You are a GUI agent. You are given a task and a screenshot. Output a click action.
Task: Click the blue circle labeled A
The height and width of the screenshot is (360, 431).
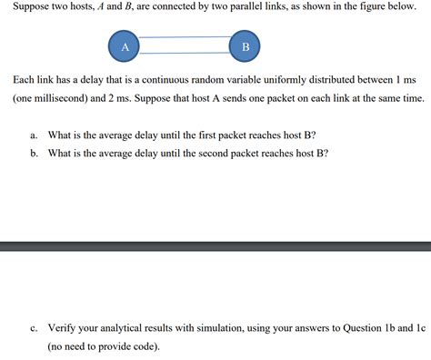tap(124, 46)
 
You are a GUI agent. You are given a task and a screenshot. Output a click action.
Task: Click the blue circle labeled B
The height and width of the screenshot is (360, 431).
tap(245, 46)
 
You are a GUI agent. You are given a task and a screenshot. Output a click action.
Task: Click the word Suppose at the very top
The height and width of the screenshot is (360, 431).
tap(31, 7)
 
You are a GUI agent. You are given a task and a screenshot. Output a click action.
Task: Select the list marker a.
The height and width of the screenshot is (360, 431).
tap(33, 135)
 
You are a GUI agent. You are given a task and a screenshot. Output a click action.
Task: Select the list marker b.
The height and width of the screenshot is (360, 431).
tap(33, 153)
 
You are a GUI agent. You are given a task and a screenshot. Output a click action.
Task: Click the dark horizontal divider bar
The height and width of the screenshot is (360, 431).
tap(215, 245)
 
